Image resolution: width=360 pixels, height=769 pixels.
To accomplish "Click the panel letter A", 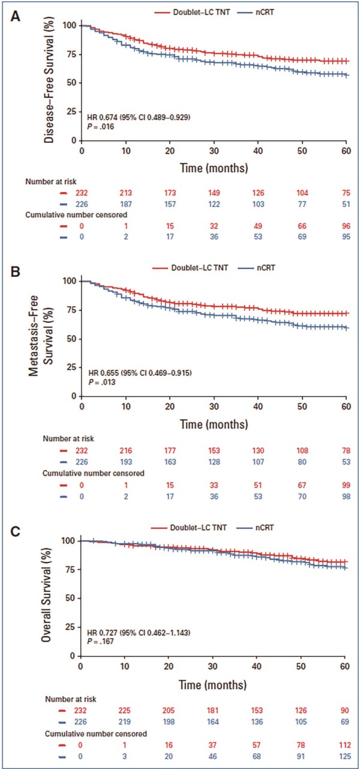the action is click(15, 16).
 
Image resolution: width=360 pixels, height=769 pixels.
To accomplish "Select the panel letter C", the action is click(16, 531).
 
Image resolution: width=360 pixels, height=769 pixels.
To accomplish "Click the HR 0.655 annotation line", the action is click(140, 373).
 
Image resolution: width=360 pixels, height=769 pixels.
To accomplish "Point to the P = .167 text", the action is click(100, 641).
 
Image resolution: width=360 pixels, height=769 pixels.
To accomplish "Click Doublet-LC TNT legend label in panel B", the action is click(200, 268).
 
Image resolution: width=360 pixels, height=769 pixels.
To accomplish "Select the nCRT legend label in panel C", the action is click(265, 527).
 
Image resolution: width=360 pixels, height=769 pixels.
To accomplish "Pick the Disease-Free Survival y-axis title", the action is click(49, 80).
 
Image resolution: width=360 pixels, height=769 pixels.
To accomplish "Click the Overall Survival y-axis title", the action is click(46, 594).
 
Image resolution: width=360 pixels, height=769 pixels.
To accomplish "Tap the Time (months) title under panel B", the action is click(214, 424).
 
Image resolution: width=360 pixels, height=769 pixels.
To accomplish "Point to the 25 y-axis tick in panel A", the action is click(71, 112).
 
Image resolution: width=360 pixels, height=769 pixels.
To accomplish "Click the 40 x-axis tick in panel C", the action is click(257, 666).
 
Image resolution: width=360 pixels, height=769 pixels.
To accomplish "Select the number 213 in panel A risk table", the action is click(126, 193).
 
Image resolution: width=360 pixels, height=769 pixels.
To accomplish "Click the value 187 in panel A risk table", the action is click(126, 204).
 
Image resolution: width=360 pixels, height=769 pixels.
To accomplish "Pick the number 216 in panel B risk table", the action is click(126, 451).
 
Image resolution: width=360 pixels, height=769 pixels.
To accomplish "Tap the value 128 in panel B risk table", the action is click(214, 462).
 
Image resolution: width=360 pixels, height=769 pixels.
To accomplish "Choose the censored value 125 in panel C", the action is click(345, 756).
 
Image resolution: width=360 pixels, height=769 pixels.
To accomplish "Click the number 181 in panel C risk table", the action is click(213, 711).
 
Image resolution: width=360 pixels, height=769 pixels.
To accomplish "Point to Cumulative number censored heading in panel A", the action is click(76, 215).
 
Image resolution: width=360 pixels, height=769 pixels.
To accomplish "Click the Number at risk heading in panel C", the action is click(71, 699).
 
